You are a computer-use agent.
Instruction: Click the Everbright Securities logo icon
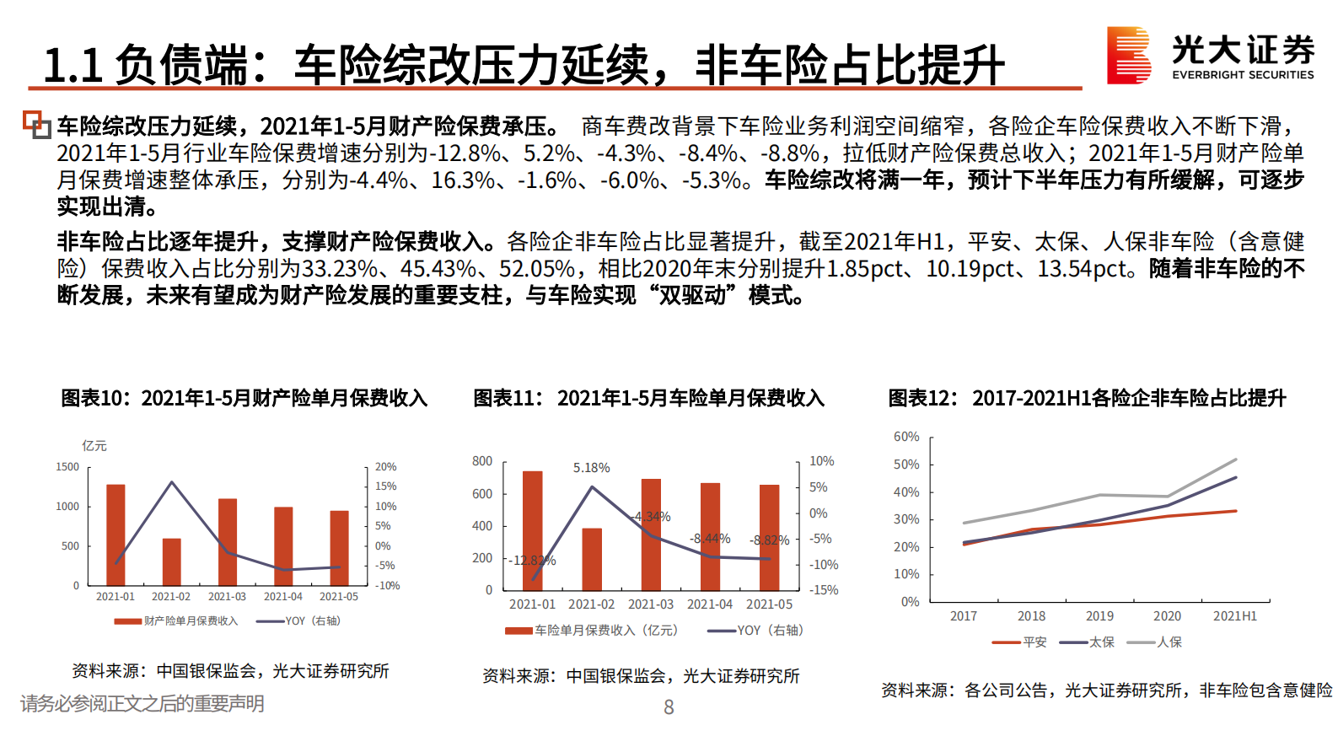(1128, 55)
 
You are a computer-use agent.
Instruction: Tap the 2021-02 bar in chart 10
(171, 561)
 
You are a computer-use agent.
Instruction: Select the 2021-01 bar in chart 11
(532, 530)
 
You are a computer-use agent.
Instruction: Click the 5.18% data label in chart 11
(591, 468)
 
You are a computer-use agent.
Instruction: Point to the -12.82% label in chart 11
(532, 561)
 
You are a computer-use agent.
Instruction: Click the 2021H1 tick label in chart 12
(1234, 616)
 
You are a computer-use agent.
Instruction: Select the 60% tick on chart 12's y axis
(906, 437)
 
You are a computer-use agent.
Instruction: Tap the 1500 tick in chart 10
(67, 467)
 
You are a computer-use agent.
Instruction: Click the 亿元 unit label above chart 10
(94, 445)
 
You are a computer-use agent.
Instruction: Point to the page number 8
(669, 707)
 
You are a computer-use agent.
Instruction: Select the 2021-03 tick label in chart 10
(227, 597)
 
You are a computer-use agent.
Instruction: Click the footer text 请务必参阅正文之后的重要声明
(142, 704)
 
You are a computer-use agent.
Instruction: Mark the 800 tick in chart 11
(482, 461)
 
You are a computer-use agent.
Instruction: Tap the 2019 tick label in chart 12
(1099, 616)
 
